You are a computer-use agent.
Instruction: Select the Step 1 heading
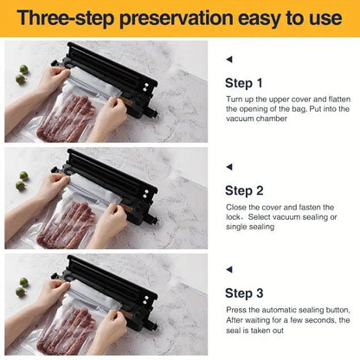click(x=243, y=83)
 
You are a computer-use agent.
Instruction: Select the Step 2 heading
click(x=243, y=190)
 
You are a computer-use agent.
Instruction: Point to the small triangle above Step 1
click(x=228, y=60)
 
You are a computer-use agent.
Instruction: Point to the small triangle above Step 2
click(x=228, y=166)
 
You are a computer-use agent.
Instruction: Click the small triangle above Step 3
click(x=228, y=268)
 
